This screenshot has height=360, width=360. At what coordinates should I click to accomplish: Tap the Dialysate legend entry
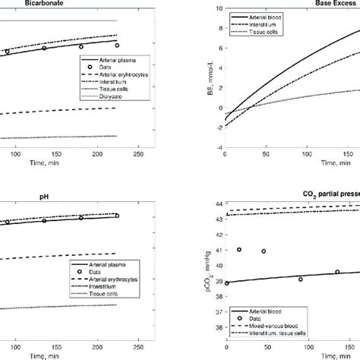click(x=128, y=99)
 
